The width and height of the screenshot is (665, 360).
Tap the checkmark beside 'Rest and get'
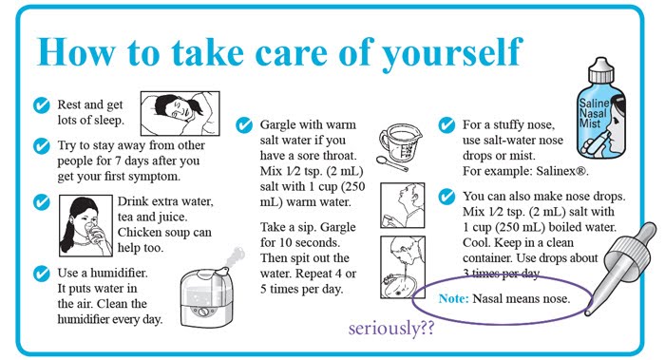click(42, 105)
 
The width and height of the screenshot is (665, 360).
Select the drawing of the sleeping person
click(180, 113)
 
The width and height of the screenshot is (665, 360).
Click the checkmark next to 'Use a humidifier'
click(42, 274)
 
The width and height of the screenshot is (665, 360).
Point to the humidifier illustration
click(209, 290)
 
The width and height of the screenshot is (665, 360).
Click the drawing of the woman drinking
click(85, 225)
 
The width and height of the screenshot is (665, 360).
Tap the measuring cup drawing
click(400, 142)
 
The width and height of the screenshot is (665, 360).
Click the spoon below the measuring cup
click(391, 163)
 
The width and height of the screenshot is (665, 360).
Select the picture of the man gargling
click(403, 205)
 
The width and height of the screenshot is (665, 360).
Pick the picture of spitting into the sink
click(403, 267)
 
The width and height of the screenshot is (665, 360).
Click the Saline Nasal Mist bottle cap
click(601, 70)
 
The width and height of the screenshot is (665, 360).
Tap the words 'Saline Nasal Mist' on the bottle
click(594, 113)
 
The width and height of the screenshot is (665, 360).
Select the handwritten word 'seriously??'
click(391, 329)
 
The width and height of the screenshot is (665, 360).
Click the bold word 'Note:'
click(454, 299)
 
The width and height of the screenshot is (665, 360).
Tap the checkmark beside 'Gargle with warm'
click(244, 125)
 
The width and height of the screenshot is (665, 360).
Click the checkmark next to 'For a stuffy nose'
click(446, 125)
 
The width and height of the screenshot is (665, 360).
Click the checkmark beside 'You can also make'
click(446, 197)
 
